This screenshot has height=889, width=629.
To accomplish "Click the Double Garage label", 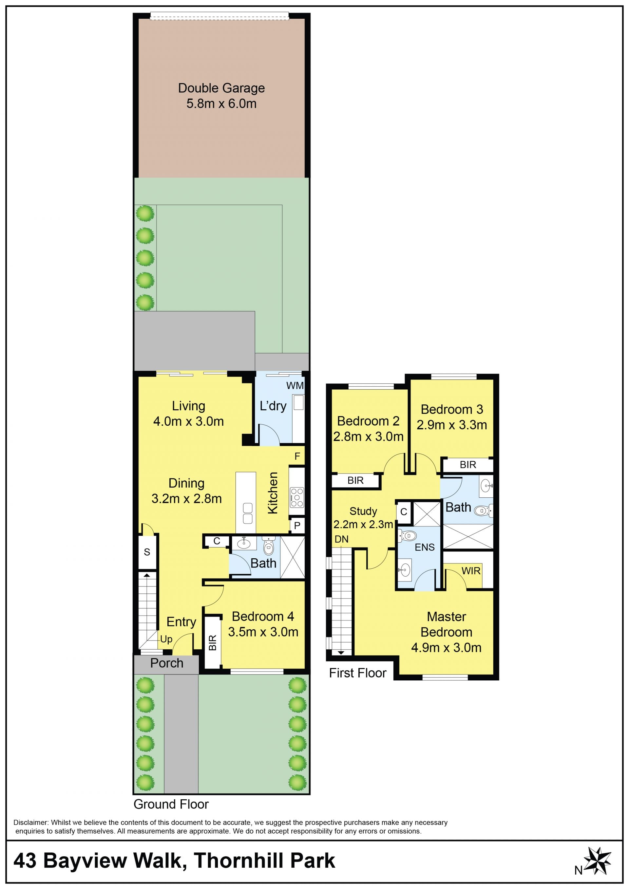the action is click(221, 88).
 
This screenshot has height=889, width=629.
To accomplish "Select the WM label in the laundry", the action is click(295, 385).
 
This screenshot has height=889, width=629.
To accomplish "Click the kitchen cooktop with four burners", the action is click(297, 497).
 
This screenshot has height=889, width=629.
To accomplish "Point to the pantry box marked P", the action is click(297, 526).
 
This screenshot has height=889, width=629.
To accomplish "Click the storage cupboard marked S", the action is click(147, 552).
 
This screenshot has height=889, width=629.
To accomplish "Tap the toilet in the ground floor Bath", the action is click(268, 546).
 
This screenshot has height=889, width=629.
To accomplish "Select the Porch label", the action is click(166, 663).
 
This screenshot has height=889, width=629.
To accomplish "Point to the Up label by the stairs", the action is click(166, 639).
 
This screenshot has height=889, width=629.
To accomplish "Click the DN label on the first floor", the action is click(341, 539).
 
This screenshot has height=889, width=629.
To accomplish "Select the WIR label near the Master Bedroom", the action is click(470, 571).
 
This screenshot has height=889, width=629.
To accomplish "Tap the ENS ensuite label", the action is click(425, 547).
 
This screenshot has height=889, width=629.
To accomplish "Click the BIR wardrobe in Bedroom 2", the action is click(355, 480).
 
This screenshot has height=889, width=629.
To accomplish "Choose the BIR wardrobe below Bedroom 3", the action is click(468, 465).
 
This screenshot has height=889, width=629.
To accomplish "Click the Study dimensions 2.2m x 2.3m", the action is click(363, 524).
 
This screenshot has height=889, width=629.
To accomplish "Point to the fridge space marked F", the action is click(297, 456).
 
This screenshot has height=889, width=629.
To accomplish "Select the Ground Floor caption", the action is click(171, 804).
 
